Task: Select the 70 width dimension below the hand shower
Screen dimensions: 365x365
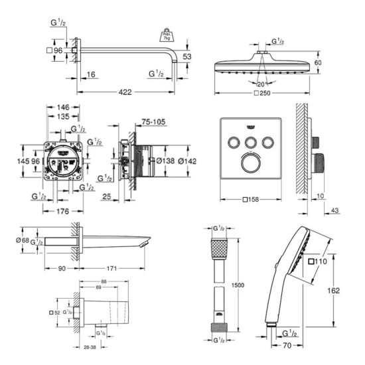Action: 289,345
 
